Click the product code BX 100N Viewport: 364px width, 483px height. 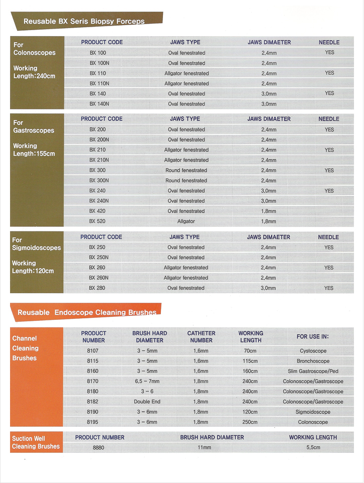99,63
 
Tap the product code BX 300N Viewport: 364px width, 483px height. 99,181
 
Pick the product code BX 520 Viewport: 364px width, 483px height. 97,221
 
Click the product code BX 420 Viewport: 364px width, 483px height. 97,211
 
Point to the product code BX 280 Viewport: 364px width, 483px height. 97,288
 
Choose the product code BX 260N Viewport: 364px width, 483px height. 99,278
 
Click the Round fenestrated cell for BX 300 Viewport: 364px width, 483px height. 186,171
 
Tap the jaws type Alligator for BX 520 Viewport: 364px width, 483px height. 186,221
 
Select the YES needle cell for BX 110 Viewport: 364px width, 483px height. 329,73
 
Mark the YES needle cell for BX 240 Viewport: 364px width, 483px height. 329,191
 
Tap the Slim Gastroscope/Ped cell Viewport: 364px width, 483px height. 313,372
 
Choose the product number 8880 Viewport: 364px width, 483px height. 98,447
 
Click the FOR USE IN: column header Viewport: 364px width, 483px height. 316,337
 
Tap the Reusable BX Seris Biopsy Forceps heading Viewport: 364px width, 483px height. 84,21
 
